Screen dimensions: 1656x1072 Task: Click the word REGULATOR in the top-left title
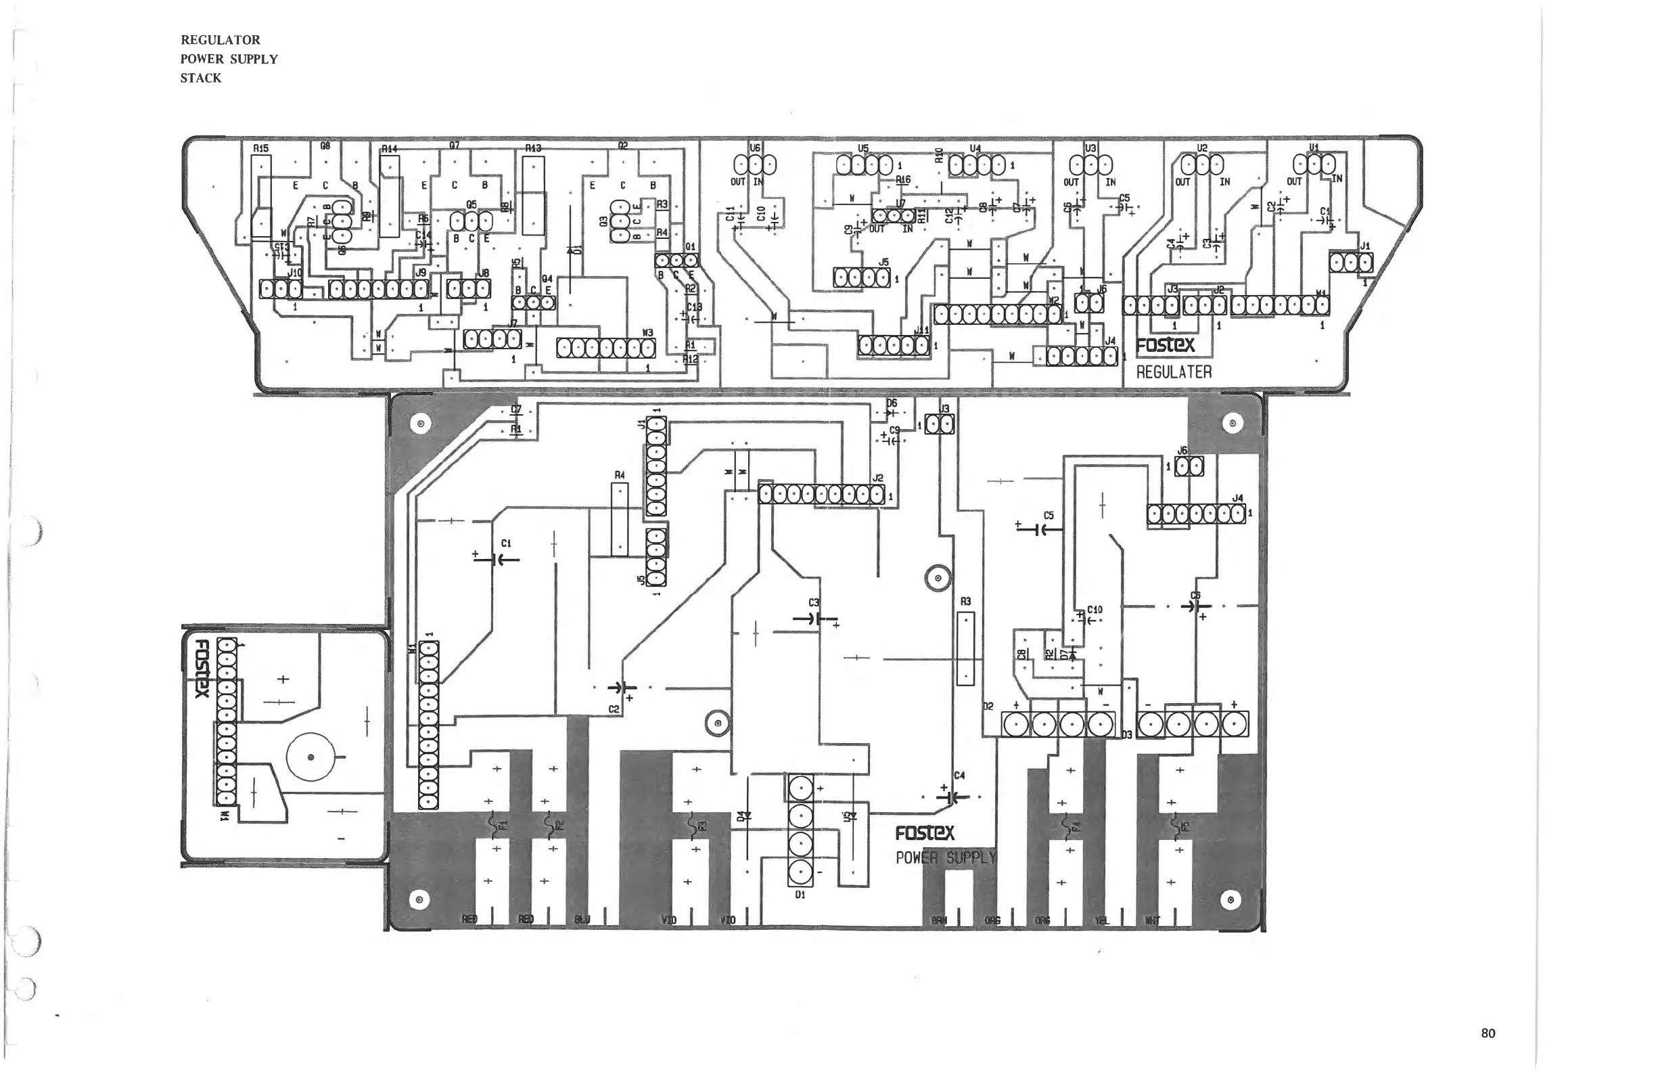pos(220,41)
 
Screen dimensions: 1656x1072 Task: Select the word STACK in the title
pos(200,78)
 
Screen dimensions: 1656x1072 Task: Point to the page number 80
pos(1488,1033)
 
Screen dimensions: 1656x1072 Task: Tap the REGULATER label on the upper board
pos(1174,372)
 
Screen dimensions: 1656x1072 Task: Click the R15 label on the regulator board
pos(260,148)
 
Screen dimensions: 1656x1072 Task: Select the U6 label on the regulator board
pos(755,148)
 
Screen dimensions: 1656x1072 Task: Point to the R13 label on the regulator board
pos(533,148)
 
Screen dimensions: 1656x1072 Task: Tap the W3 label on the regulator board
pos(647,333)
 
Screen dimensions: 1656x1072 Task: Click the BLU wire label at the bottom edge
pos(582,920)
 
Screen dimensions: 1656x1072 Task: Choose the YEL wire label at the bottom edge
pos(1101,920)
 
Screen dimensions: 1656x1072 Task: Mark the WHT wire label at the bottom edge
pos(1152,920)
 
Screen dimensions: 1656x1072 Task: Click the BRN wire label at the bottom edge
pos(939,920)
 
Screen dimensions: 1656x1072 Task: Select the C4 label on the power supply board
pos(959,775)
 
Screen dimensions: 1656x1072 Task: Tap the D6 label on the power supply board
pos(892,403)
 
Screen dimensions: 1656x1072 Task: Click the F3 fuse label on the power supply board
pos(702,826)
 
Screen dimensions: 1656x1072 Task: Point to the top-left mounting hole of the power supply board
pos(420,424)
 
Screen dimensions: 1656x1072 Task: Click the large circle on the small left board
pos(310,757)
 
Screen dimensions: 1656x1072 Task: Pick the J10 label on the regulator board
pos(295,273)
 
